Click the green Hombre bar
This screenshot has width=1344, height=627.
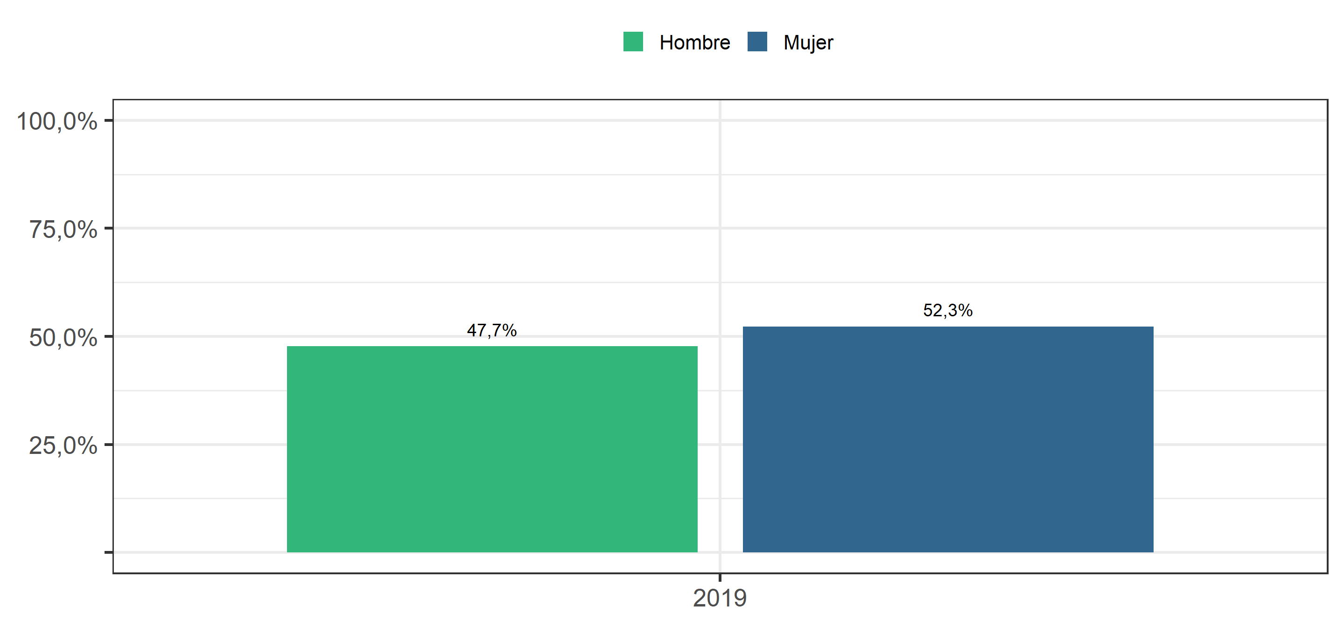coord(492,449)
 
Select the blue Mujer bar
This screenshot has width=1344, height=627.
coord(948,439)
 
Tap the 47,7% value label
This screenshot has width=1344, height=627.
coord(491,330)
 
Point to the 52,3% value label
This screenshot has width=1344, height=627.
coord(947,310)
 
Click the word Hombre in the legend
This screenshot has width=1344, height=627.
coord(694,42)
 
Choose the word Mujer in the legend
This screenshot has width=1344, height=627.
coord(808,43)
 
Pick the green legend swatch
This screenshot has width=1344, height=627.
coord(633,42)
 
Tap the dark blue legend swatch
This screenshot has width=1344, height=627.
coord(757,42)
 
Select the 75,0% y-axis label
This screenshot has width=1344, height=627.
coord(63,229)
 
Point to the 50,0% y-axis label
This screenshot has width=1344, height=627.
coord(63,337)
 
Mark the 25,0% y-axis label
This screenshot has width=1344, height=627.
coord(63,445)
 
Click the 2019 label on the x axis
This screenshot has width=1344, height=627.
coord(720,598)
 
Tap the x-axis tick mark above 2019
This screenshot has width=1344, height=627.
coord(720,578)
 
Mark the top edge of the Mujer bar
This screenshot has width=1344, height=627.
coord(948,327)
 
